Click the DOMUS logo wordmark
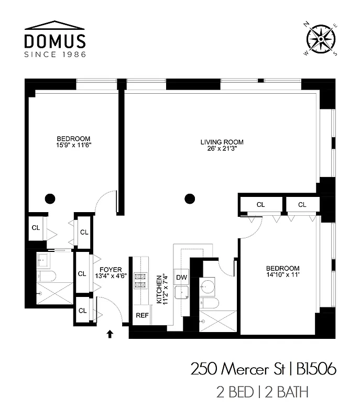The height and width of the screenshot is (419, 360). (x=54, y=41)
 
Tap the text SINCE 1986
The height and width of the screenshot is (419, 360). (x=54, y=54)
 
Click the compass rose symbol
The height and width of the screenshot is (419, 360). (x=321, y=37)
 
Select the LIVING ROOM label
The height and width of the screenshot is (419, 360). (x=222, y=142)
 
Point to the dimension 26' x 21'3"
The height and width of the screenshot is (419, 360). (x=222, y=149)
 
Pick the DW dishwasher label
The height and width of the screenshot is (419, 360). (x=181, y=277)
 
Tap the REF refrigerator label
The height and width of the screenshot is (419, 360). (x=142, y=315)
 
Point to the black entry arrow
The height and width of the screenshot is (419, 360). (x=110, y=333)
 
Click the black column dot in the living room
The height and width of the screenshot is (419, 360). (x=190, y=199)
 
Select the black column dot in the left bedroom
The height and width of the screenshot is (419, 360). (x=50, y=199)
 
